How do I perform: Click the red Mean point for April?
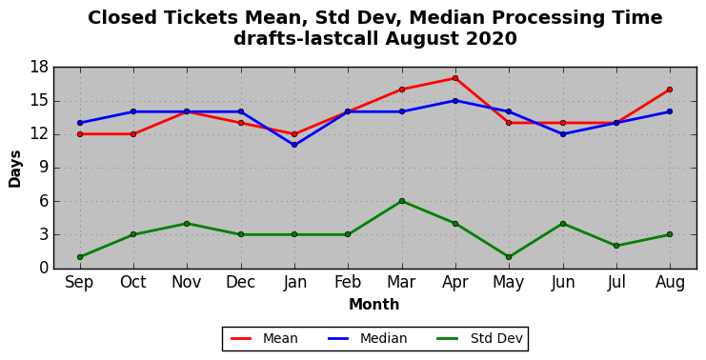[x=455, y=78]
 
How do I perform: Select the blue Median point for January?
[x=294, y=145]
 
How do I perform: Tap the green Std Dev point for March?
[x=402, y=201]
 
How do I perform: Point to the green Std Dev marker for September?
[x=80, y=257]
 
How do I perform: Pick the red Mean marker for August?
[x=670, y=90]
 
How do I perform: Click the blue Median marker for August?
[x=670, y=111]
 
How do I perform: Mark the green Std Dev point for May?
[x=509, y=257]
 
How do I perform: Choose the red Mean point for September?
[x=80, y=134]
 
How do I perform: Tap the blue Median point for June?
[x=563, y=134]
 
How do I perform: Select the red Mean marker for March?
[x=402, y=90]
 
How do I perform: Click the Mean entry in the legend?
[x=264, y=338]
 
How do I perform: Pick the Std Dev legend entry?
[x=480, y=338]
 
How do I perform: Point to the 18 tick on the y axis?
[x=40, y=68]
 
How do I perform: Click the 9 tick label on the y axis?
[x=44, y=168]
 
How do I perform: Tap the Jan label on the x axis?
[x=294, y=283]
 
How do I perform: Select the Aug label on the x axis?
[x=670, y=283]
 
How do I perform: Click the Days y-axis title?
[x=15, y=169]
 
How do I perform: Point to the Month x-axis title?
[x=374, y=305]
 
